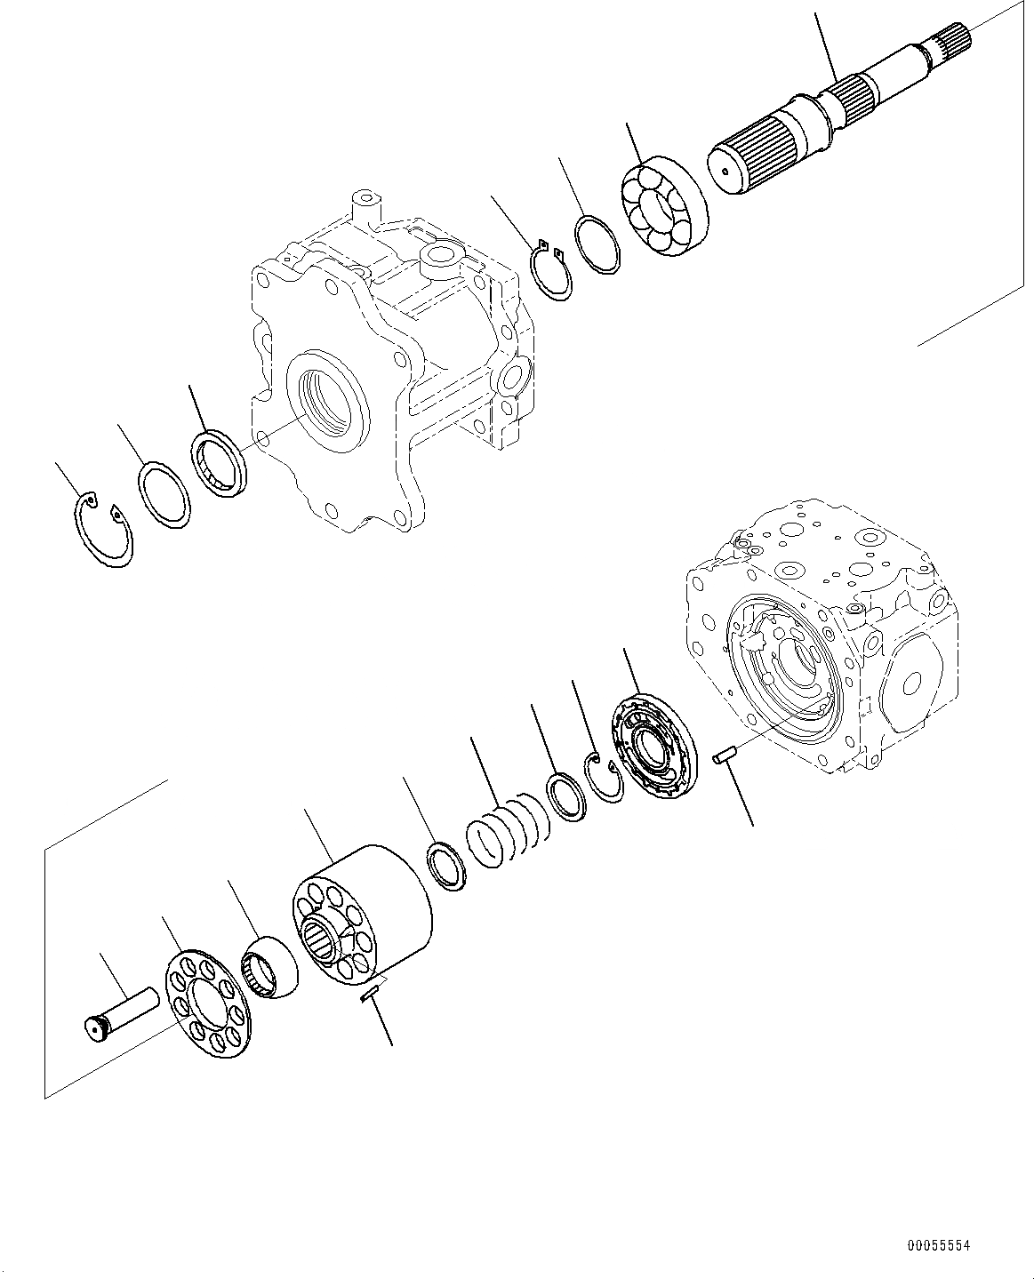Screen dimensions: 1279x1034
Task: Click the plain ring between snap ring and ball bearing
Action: click(x=596, y=244)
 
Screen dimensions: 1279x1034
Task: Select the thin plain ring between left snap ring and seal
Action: click(x=164, y=495)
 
